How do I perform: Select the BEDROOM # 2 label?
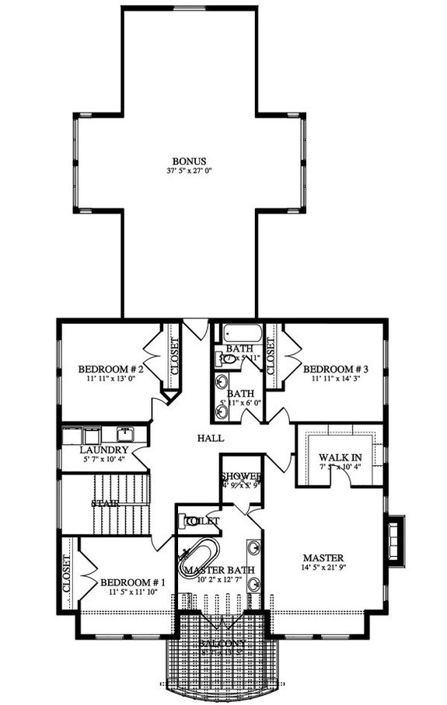click(108, 369)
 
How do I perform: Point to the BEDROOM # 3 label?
click(335, 369)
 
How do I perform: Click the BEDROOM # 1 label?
click(128, 582)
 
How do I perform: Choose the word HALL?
click(211, 438)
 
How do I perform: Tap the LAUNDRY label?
click(103, 450)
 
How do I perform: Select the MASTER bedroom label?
click(323, 557)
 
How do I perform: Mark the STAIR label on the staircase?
click(104, 503)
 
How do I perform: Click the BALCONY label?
click(222, 644)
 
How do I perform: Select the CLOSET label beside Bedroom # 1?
click(67, 573)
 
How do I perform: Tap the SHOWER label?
click(241, 477)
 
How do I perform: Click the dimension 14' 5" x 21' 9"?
click(323, 568)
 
